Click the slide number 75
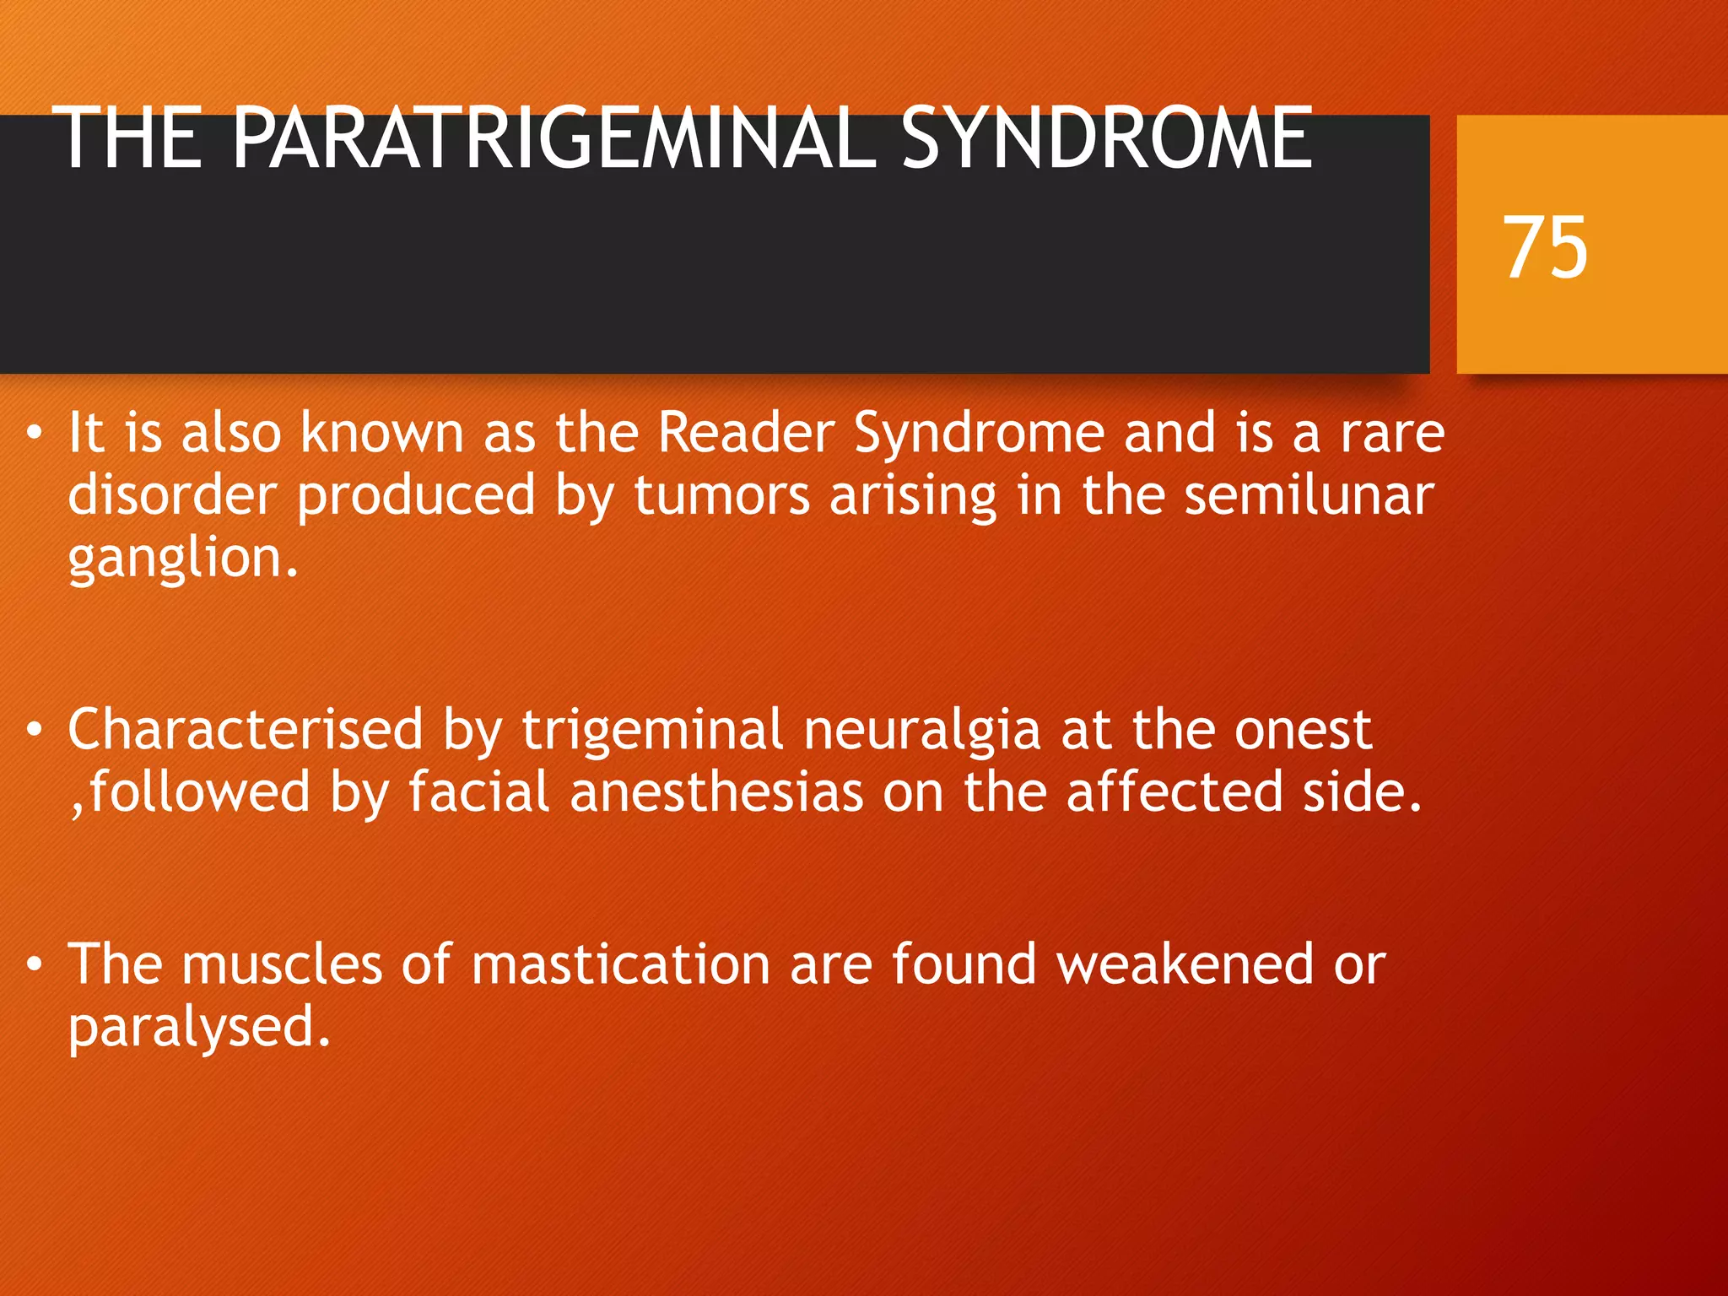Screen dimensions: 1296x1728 (1545, 247)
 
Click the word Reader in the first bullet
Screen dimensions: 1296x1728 (746, 433)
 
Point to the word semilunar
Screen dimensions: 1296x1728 (1309, 495)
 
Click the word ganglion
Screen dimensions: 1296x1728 (182, 559)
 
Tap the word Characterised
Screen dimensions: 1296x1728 (245, 730)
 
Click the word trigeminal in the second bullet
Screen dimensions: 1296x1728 (652, 730)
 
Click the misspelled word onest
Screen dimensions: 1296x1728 (1303, 730)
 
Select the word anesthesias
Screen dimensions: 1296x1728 (716, 792)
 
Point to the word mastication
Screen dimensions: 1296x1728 (620, 964)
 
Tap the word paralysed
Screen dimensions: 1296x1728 (198, 1029)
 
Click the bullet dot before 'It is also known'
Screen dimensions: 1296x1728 (34, 434)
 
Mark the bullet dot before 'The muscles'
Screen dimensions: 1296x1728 (34, 965)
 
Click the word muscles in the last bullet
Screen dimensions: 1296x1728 (282, 964)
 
